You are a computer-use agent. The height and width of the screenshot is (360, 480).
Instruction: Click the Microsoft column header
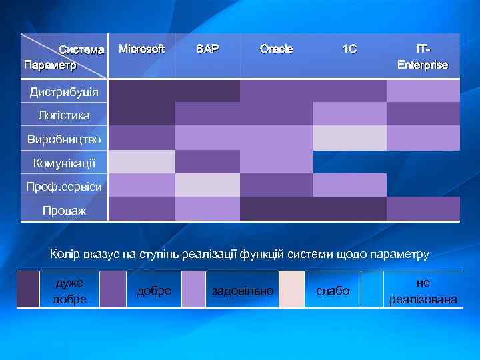point(141,49)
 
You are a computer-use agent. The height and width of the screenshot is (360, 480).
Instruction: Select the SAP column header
point(207,49)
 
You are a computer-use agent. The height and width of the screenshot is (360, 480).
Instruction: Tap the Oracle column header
point(276,49)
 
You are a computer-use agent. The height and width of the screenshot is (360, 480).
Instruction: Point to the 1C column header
point(349,49)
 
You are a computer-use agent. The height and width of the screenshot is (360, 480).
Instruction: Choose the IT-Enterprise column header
point(423,57)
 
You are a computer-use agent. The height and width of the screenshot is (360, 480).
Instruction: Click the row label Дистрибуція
point(64,91)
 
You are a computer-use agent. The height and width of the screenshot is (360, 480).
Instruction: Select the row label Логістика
point(64,115)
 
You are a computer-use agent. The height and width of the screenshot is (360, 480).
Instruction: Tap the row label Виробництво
point(64,139)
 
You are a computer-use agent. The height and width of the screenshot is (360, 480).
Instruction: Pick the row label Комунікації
point(64,163)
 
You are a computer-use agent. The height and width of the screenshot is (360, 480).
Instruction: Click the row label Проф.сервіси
point(64,187)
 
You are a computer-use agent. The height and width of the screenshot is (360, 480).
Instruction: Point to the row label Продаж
point(64,211)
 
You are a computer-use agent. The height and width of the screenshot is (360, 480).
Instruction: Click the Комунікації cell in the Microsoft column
point(141,162)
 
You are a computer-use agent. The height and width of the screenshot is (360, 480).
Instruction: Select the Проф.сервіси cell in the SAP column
point(207,185)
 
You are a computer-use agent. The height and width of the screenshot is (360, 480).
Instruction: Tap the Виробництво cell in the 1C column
point(349,138)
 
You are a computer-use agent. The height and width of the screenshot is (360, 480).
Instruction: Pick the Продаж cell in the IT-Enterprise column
point(423,209)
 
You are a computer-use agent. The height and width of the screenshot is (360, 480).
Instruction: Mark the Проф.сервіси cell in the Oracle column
point(276,185)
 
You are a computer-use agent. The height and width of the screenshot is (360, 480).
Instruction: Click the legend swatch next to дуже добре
point(29,289)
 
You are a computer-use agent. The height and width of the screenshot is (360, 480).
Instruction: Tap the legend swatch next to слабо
point(291,289)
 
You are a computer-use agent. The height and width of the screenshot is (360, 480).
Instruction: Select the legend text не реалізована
point(423,291)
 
